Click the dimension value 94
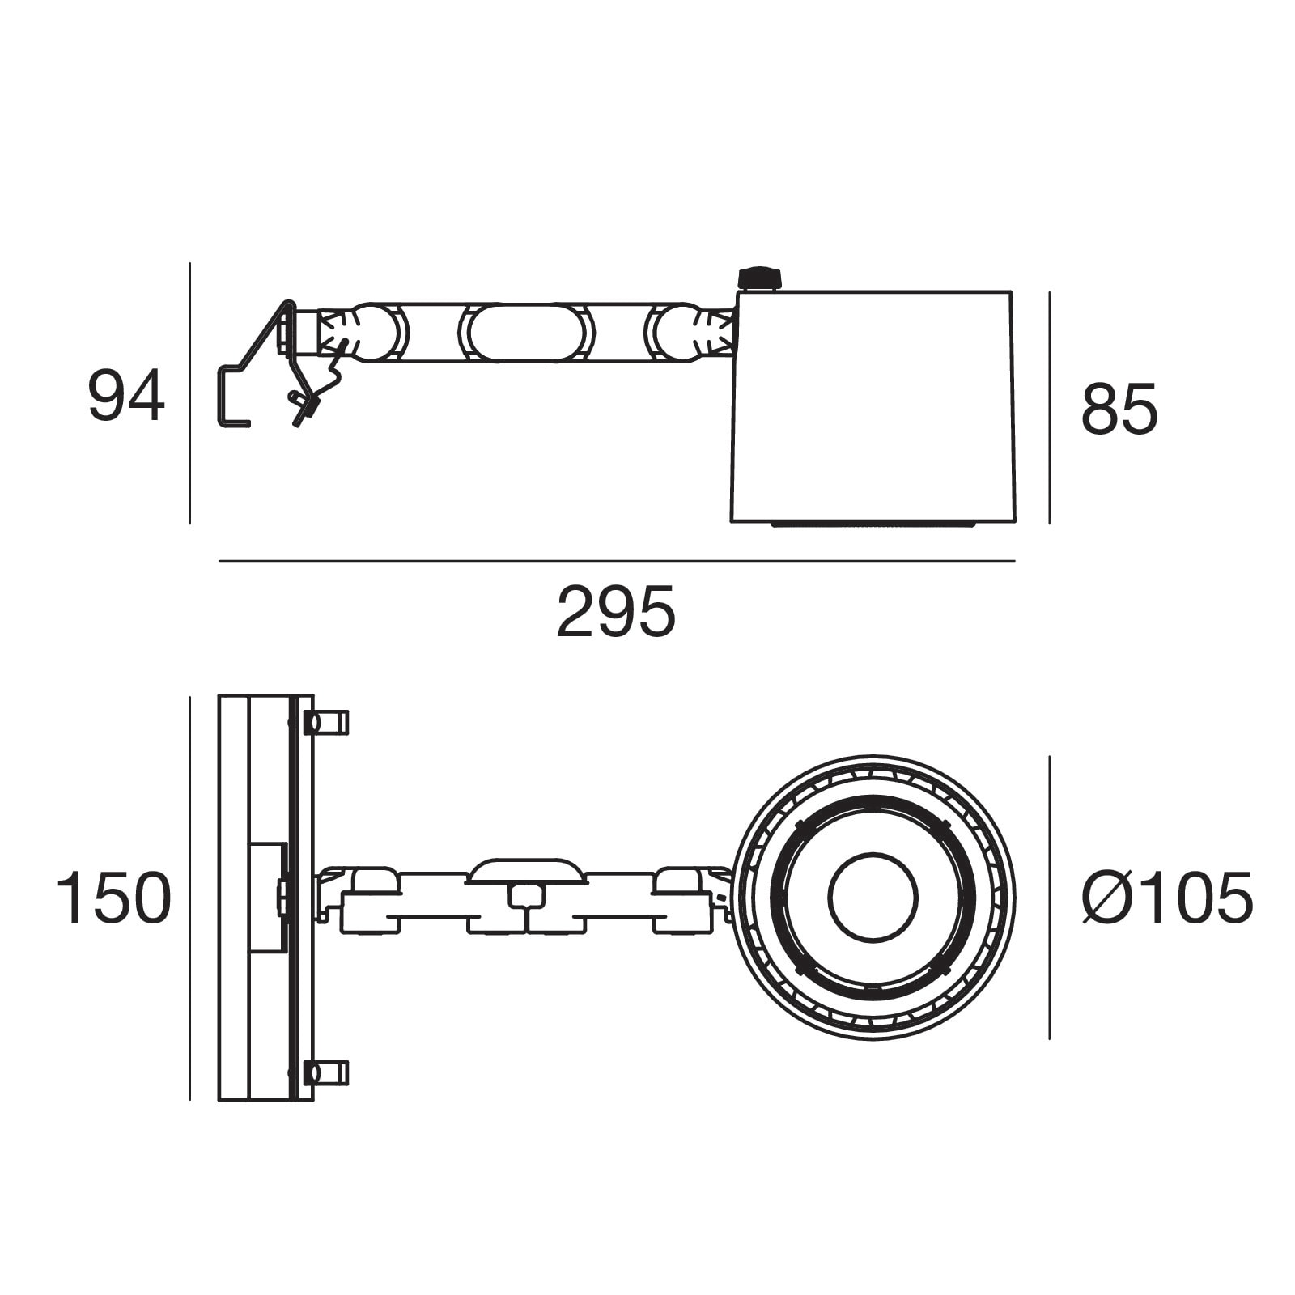pos(126,396)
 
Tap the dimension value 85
pos(1119,409)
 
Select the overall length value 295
pos(616,612)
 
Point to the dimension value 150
pos(113,898)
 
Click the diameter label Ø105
pos(1167,898)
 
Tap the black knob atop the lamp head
pos(759,278)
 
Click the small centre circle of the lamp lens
pos(873,897)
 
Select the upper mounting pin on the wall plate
pos(325,722)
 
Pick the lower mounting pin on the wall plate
pos(325,1073)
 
